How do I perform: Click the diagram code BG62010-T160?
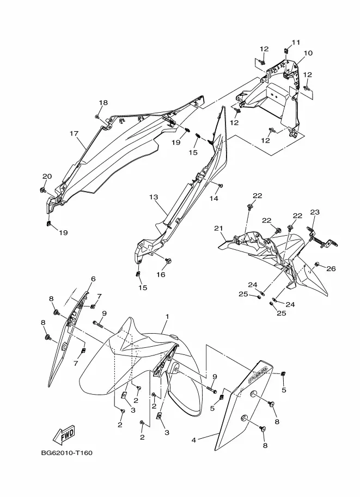66,453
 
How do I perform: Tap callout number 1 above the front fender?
167,316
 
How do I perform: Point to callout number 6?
93,279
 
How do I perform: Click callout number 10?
308,53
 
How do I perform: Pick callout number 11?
296,42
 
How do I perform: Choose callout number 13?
153,197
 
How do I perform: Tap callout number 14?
215,199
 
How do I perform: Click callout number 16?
161,274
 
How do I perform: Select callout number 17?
74,133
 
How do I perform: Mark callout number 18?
103,103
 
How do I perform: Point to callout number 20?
47,176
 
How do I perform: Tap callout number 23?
315,212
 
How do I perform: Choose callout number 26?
331,268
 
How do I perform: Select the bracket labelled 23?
316,234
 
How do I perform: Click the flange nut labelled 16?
168,261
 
